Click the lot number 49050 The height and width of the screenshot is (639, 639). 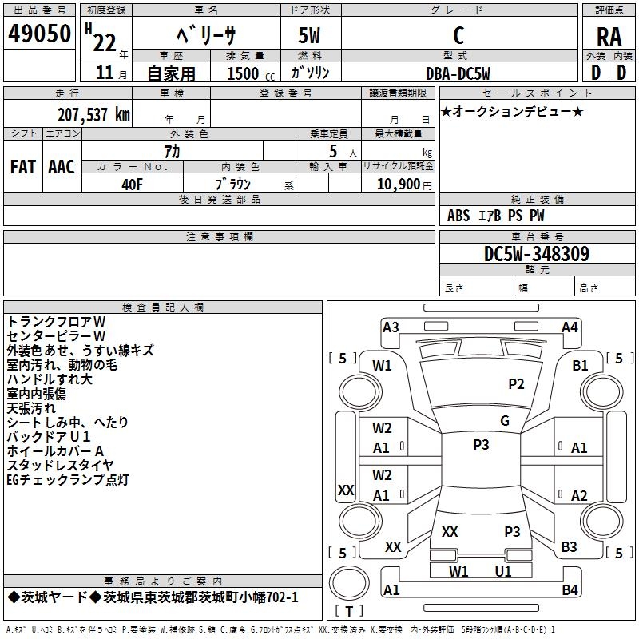coord(39,34)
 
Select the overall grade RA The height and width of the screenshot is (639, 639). coord(609,37)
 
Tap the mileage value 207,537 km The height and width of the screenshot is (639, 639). coord(93,115)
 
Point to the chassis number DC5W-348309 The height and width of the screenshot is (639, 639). coord(536,253)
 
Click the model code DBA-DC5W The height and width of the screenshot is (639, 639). coord(458,73)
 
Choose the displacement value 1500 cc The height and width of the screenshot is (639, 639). coord(251,73)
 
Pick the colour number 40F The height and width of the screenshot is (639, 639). coord(132,185)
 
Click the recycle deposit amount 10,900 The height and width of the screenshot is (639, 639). coord(399,185)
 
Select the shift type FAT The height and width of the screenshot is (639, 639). coord(23,167)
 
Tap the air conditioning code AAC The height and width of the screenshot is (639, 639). coord(62,167)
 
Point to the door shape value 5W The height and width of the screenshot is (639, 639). coord(309,35)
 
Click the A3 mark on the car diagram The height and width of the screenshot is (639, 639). coord(391,327)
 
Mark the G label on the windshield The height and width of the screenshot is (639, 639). coord(505,420)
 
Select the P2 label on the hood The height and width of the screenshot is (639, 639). coord(516,383)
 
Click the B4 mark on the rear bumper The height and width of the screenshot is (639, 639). coord(570,589)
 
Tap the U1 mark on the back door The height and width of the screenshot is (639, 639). coord(503,571)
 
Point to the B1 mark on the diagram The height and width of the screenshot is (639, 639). coord(580,365)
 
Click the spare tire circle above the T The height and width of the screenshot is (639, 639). coord(349,583)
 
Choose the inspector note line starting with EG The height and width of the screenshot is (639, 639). coord(68,480)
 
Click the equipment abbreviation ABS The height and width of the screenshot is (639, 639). coord(458,216)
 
